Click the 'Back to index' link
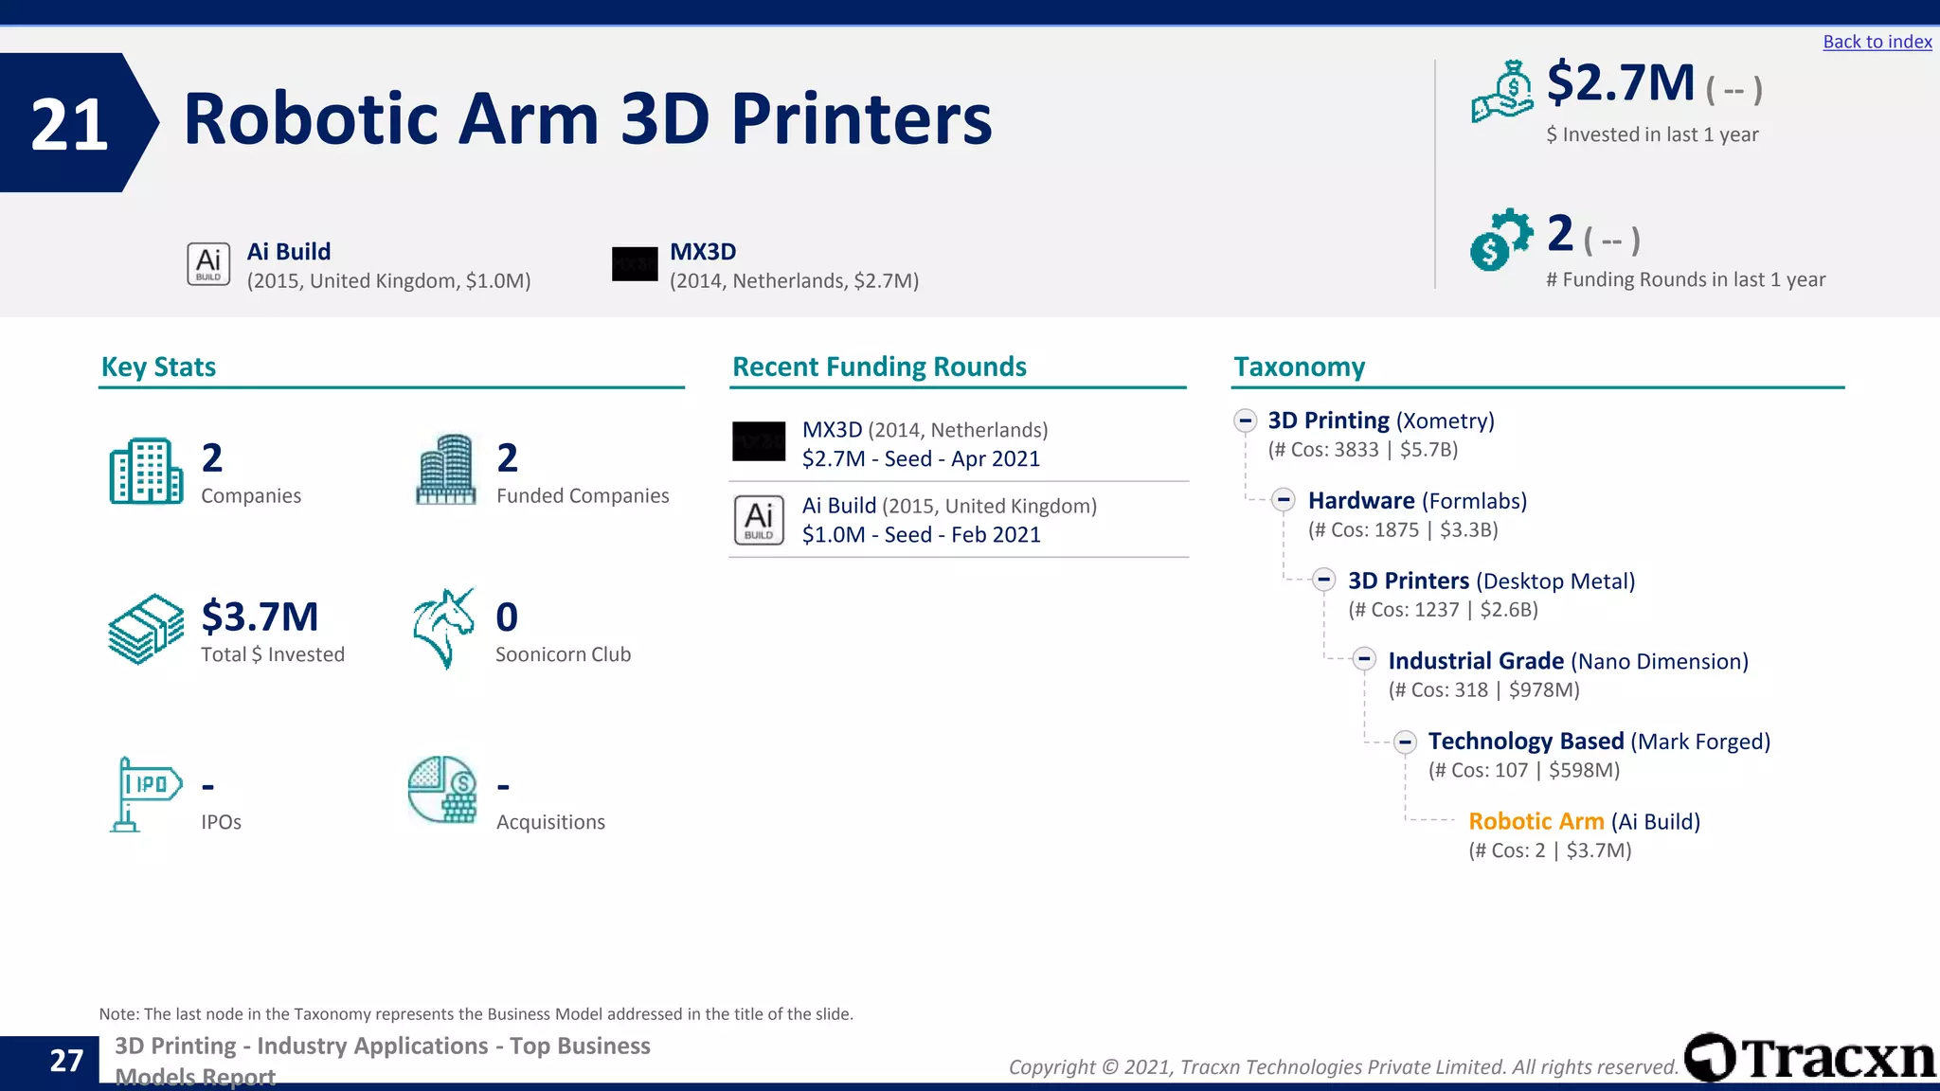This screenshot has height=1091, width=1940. point(1877,42)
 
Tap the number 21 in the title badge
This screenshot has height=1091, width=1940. point(69,124)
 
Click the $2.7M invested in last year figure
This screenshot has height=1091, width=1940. point(1621,83)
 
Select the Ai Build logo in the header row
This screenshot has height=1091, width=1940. point(208,264)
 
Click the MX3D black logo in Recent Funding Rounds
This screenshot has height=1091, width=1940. point(759,441)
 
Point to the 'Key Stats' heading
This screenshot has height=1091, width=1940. point(158,367)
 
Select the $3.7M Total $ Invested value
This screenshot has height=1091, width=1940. point(260,617)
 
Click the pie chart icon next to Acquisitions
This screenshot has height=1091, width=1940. point(442,790)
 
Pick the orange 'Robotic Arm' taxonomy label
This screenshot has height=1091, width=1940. point(1536,821)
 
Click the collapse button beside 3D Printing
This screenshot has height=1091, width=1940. point(1246,420)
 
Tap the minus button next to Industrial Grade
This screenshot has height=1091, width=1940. point(1364,659)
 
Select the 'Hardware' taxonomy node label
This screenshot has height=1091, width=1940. point(1361,500)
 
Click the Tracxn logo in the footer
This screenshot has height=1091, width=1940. point(1809,1058)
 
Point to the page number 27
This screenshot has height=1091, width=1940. point(66,1061)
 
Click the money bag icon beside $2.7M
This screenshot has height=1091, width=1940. point(1502,92)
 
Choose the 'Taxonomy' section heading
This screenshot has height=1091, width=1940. point(1299,367)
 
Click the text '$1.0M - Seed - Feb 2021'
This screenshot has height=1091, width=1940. point(921,535)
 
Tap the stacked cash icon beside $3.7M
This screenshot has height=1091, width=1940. point(146,629)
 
